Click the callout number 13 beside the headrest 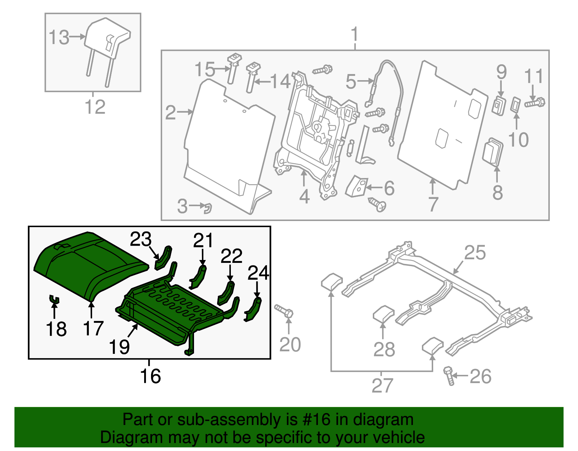[59, 38]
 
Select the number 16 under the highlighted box [150, 376]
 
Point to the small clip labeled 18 [54, 299]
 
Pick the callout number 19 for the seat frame [119, 347]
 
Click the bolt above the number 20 [284, 311]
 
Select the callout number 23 [141, 239]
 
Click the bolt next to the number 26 [449, 376]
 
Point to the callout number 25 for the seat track [475, 252]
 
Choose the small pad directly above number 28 [383, 313]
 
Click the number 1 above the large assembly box [355, 35]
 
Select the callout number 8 [498, 192]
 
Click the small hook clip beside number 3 [208, 208]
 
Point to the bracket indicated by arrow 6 [357, 186]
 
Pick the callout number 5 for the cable [351, 82]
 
